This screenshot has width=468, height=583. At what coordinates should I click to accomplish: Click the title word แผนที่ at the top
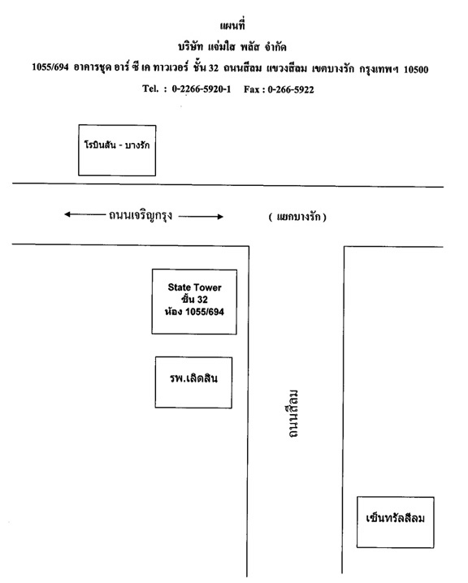tap(232, 25)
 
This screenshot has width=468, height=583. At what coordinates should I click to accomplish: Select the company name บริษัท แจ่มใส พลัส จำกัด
tap(232, 47)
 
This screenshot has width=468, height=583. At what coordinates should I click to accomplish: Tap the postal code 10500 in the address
tap(416, 70)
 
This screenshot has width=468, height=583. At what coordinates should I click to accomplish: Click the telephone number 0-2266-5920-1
tap(201, 89)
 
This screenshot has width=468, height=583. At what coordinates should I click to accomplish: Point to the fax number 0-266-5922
tap(291, 89)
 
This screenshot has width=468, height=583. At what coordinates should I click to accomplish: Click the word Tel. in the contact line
tap(150, 89)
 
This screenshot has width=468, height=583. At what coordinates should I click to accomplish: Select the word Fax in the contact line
tap(252, 89)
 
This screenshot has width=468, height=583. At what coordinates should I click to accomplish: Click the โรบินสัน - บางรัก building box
tap(117, 150)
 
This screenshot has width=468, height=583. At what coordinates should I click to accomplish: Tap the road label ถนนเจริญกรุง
tap(141, 216)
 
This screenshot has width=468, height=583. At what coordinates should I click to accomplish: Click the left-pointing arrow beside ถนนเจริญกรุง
tap(84, 214)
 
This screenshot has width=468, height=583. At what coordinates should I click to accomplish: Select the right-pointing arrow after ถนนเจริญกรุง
tap(201, 217)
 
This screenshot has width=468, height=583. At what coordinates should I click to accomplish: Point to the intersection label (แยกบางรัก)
tap(297, 217)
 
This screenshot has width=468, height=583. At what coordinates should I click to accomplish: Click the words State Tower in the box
tap(194, 287)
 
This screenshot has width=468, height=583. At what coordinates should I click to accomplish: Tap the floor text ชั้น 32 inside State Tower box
tap(194, 300)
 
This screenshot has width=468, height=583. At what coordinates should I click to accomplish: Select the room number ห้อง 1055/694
tap(194, 312)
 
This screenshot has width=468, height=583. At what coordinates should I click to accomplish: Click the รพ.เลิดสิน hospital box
tap(193, 382)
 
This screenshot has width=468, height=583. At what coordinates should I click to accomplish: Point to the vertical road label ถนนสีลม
tap(293, 414)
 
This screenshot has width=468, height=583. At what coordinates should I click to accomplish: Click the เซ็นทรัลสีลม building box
tap(396, 522)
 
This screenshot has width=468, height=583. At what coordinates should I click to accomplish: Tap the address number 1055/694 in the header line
tap(50, 67)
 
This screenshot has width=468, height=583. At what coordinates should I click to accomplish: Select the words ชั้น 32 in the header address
tap(206, 68)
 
